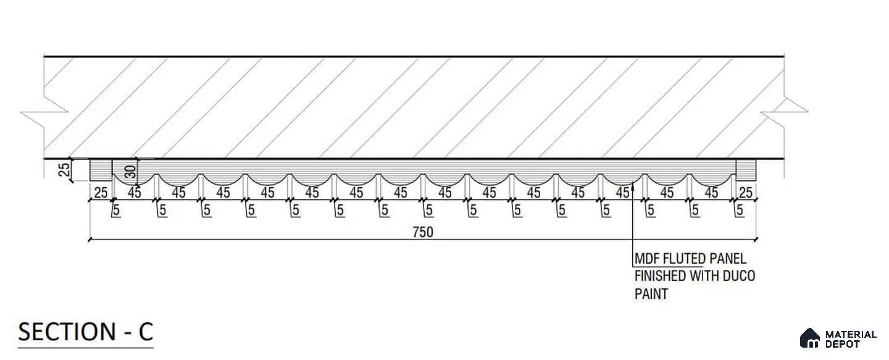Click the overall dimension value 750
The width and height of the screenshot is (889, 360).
tap(423, 232)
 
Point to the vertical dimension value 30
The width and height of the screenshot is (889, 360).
tap(130, 172)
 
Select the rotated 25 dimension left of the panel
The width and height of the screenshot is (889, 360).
tap(64, 170)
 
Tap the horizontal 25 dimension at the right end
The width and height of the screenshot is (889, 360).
tap(746, 193)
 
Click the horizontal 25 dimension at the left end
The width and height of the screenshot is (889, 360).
tap(101, 193)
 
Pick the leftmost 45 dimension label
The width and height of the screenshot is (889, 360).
tap(135, 193)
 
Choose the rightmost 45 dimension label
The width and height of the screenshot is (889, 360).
tap(711, 193)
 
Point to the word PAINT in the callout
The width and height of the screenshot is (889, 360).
tap(651, 294)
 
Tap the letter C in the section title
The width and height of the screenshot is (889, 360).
tap(146, 332)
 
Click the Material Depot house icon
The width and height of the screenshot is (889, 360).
tap(809, 338)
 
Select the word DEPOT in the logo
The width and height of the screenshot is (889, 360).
tap(843, 344)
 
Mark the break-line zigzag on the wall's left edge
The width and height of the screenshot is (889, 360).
tap(44, 112)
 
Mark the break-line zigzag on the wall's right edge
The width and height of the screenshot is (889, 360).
tap(784, 112)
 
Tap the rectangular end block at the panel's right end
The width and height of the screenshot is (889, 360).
tap(746, 170)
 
